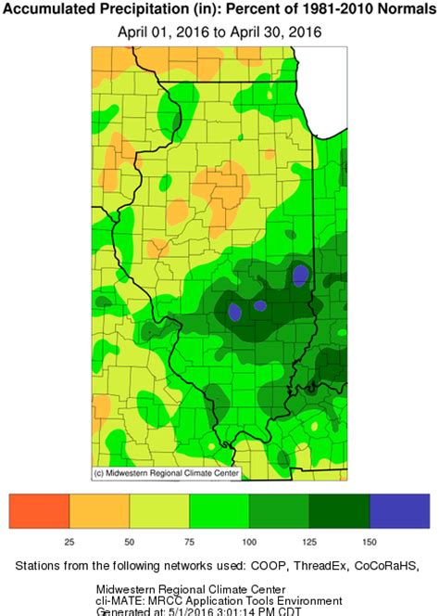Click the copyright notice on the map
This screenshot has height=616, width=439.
(166, 473)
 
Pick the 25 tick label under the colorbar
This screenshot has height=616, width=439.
(69, 540)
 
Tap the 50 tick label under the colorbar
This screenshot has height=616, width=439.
(130, 540)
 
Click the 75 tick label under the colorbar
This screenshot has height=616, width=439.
(190, 540)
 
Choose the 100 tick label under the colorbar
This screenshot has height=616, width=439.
(249, 540)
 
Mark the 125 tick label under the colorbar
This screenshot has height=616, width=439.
(309, 540)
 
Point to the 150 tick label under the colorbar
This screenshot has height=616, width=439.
(370, 540)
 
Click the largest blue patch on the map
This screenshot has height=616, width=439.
(300, 275)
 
